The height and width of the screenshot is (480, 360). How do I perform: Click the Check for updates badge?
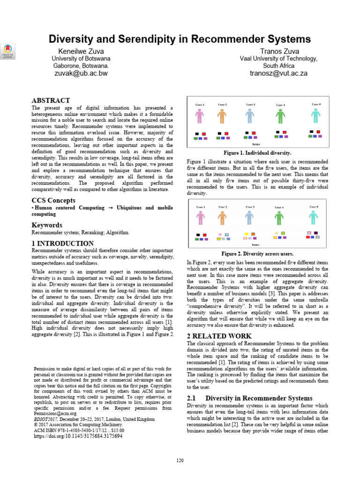click(x=8, y=51)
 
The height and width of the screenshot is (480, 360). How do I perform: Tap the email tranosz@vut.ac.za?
click(x=278, y=73)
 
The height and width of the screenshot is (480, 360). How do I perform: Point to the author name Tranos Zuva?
click(x=278, y=51)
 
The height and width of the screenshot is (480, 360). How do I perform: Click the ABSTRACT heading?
click(x=51, y=100)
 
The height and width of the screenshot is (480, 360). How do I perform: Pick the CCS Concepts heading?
click(x=53, y=201)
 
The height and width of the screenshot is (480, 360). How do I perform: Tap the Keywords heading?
click(x=47, y=225)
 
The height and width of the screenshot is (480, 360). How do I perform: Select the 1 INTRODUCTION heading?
click(x=62, y=243)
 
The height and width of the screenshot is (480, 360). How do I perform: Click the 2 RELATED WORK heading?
click(x=219, y=336)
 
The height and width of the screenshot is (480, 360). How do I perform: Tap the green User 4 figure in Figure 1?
click(x=280, y=116)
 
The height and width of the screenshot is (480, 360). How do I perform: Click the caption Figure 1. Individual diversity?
click(x=257, y=153)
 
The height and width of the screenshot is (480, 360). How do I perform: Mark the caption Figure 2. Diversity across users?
click(x=257, y=254)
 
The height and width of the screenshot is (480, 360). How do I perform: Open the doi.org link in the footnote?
click(x=78, y=435)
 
